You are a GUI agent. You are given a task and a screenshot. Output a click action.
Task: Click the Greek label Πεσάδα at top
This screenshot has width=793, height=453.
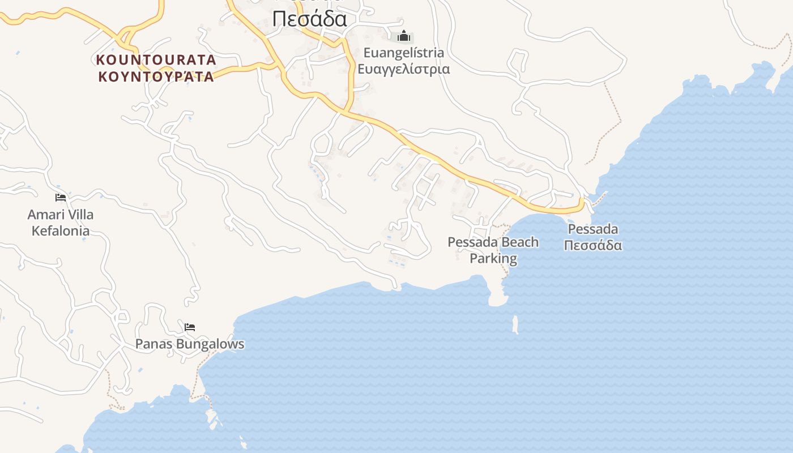309,19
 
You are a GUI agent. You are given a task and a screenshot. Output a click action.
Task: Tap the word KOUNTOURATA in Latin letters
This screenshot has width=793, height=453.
156,59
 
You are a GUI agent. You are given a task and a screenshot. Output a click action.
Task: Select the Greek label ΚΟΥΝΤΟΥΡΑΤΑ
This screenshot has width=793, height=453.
156,76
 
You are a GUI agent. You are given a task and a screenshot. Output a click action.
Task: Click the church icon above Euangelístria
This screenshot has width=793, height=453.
403,37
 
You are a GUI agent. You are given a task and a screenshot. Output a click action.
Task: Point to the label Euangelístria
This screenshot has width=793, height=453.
403,53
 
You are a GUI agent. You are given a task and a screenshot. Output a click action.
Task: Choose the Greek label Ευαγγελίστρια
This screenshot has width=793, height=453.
403,69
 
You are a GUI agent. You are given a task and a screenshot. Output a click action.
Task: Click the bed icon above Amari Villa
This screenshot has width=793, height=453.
61,198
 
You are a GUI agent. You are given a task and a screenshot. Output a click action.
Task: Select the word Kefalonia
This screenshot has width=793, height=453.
61,231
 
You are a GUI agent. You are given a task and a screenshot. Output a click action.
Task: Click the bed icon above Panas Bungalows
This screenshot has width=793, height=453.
190,327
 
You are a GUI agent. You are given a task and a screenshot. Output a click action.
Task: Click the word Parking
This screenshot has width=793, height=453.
493,259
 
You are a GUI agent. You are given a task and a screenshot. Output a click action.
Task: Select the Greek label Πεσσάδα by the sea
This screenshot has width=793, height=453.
593,245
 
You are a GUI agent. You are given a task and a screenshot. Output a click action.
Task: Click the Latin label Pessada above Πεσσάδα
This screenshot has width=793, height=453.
593,229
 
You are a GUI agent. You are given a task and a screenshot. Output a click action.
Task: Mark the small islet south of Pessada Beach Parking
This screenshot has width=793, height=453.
515,324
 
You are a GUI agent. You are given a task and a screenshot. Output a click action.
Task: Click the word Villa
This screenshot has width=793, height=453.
79,215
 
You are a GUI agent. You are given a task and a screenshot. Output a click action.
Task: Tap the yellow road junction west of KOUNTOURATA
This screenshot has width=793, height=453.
123,41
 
